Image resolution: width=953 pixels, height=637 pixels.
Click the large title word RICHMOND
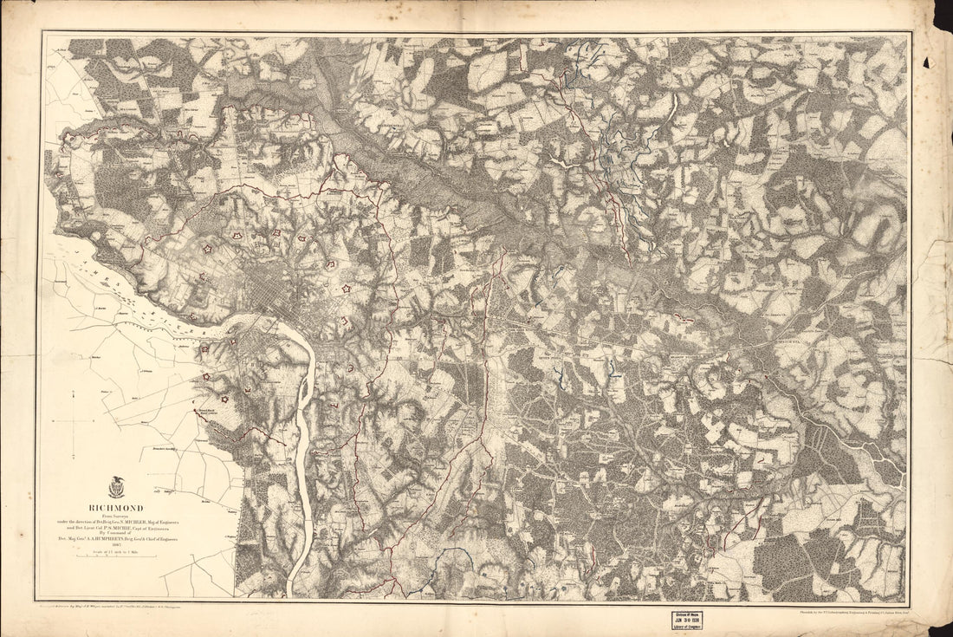click(114, 508)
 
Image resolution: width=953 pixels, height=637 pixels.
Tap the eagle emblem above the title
click(115, 488)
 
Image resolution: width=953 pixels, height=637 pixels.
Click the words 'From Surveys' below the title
click(115, 516)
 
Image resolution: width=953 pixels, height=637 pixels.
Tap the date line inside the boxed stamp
click(687, 621)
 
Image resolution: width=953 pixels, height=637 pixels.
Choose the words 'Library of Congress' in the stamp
click(687, 627)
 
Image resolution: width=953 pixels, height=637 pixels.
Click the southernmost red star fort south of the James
click(224, 400)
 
